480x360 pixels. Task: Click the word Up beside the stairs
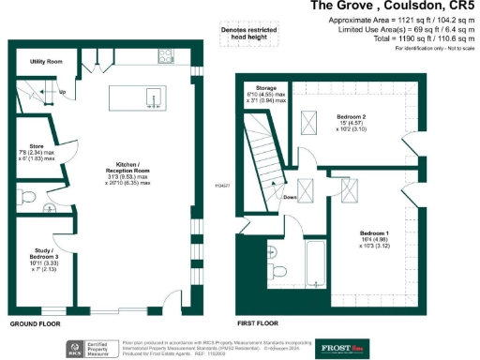63,93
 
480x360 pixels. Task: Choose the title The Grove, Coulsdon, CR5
393,7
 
